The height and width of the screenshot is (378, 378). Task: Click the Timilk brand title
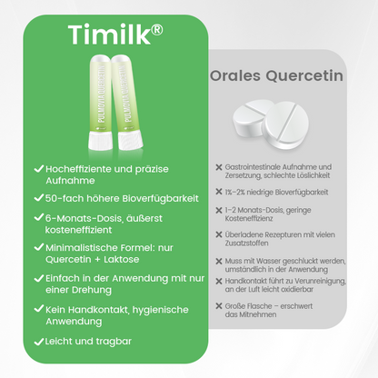[x=107, y=35]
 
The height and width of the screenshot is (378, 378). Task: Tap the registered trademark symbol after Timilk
[x=157, y=29]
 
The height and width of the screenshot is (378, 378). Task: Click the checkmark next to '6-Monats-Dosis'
[x=37, y=218]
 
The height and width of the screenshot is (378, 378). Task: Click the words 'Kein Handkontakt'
[x=83, y=311]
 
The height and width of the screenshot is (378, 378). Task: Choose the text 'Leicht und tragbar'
[x=90, y=342]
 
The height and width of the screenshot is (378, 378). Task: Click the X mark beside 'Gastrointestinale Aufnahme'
[x=217, y=167]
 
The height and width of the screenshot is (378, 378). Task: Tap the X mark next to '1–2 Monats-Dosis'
[x=217, y=211]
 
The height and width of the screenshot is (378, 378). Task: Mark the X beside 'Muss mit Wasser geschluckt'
[x=217, y=262]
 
